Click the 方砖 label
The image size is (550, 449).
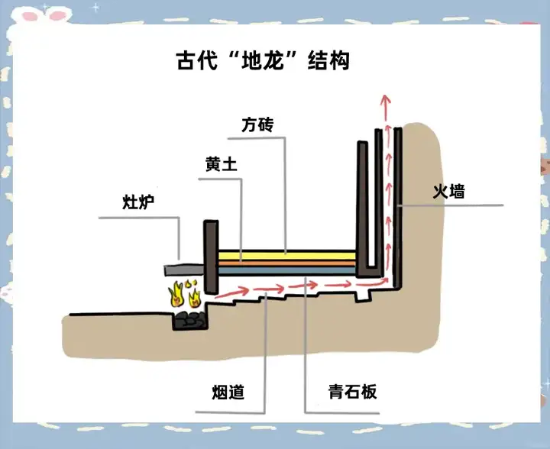[257, 124]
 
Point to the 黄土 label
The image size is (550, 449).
[221, 164]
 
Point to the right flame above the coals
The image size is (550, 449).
[196, 294]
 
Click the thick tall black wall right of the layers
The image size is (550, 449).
[362, 202]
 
